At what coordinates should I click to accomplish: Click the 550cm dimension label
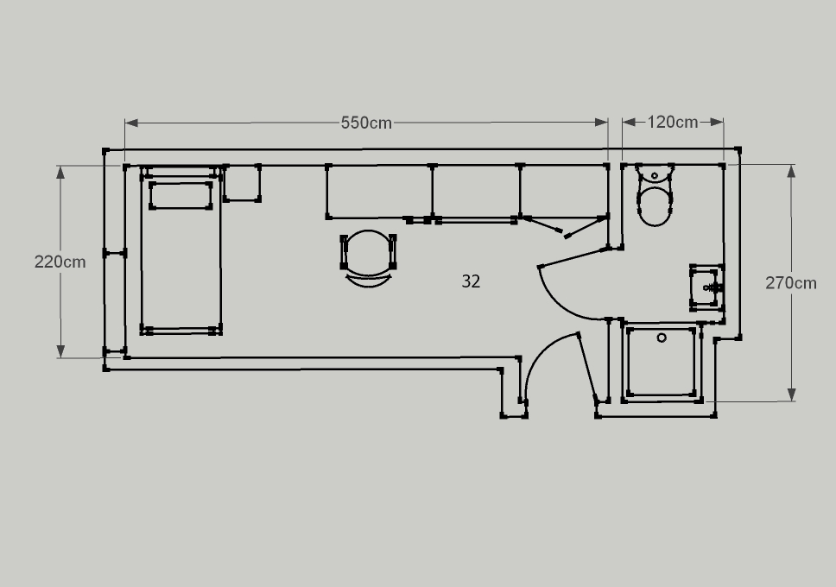click(x=366, y=123)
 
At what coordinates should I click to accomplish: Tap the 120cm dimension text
click(x=672, y=122)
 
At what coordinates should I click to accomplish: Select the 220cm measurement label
click(x=60, y=262)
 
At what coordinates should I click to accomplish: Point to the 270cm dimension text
click(x=791, y=282)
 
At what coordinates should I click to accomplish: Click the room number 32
click(x=471, y=281)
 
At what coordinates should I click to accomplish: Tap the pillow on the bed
click(x=180, y=195)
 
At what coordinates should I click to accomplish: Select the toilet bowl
click(x=655, y=205)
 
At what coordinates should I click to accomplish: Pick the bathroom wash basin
click(x=707, y=287)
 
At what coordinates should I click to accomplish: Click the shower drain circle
click(x=662, y=338)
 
